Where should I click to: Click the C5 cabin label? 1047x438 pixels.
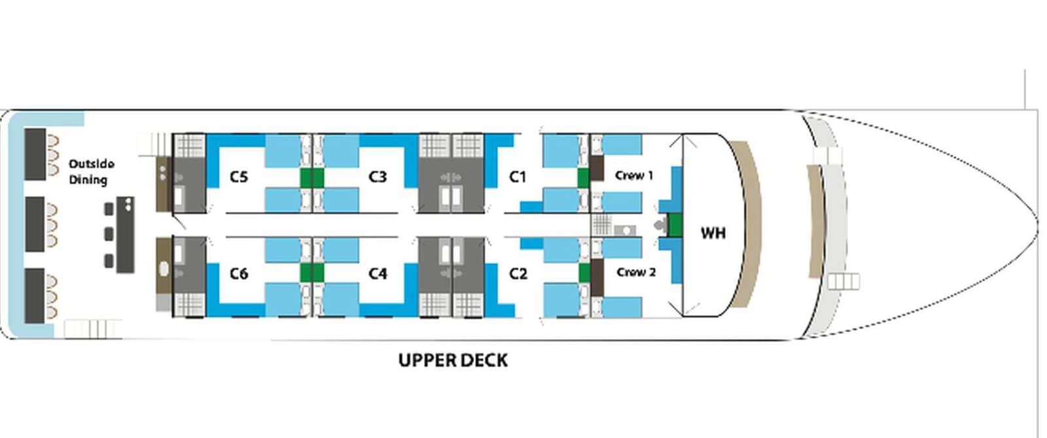point(239,177)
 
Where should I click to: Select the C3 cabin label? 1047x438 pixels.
point(378,177)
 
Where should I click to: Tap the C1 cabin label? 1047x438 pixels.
point(518,177)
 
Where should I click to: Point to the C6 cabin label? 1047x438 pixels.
point(239,274)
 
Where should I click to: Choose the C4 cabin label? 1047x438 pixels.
point(378,274)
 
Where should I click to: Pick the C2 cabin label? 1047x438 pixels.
point(518,274)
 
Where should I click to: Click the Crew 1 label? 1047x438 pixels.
point(633,176)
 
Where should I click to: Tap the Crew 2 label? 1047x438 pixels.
point(635,273)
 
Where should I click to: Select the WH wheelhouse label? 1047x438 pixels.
point(713,233)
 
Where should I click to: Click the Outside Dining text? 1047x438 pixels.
point(92,171)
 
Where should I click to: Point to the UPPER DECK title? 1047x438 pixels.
point(453,360)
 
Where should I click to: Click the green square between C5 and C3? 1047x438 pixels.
point(312,177)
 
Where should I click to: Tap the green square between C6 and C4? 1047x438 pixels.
point(312,272)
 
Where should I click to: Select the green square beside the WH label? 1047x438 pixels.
point(675,225)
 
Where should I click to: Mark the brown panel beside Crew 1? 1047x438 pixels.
point(597,168)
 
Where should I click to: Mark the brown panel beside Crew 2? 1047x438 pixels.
point(597,277)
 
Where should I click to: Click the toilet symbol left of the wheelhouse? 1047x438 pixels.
point(660,226)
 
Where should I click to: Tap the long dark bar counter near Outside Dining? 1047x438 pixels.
point(125,234)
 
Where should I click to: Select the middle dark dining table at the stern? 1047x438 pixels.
point(35,224)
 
